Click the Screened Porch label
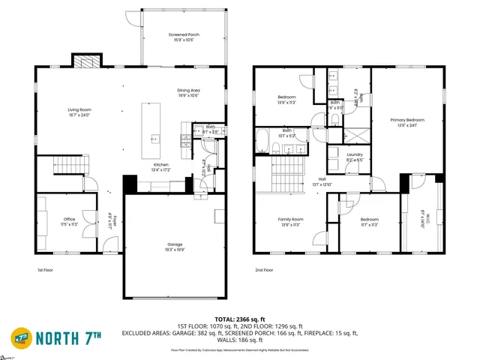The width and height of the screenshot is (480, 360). coord(184,34)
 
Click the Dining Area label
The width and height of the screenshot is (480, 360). coord(188,90)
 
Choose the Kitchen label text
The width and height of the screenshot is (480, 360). coord(160,165)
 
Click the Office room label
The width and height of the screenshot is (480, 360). coord(68,220)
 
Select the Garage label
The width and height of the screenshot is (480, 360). coord(174,244)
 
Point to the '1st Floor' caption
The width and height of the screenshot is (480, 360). coord(46,270)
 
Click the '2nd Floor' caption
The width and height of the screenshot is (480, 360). coord(263,270)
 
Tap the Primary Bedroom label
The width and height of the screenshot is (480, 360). coord(406,120)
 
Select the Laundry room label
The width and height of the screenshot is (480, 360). coord(335,154)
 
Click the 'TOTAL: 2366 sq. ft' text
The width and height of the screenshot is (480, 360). coord(240,319)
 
